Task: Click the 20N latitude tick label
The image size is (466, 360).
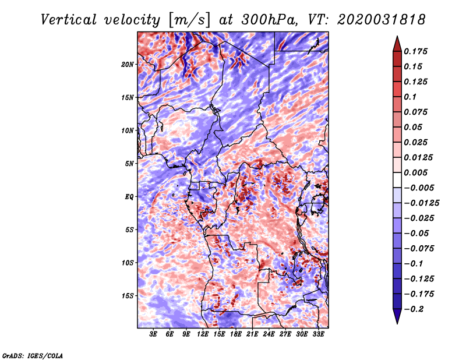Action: pyautogui.click(x=128, y=65)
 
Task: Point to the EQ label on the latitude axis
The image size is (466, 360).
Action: pyautogui.click(x=129, y=197)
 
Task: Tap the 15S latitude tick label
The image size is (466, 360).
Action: pyautogui.click(x=128, y=296)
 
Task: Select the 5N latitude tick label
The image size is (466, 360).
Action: pyautogui.click(x=129, y=164)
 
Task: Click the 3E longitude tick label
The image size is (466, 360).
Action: pyautogui.click(x=153, y=334)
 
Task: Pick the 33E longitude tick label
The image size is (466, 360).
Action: pyautogui.click(x=318, y=334)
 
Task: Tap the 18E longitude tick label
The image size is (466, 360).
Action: pyautogui.click(x=236, y=334)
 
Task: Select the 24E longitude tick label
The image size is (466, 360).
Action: pyautogui.click(x=269, y=334)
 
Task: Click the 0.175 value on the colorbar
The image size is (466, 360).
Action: pyautogui.click(x=415, y=51)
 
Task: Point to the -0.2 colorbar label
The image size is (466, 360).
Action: pyautogui.click(x=414, y=309)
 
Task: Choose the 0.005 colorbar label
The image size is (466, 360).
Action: pyautogui.click(x=415, y=172)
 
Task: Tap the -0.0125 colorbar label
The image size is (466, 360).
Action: pyautogui.click(x=422, y=203)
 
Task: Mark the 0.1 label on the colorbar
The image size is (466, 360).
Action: pyautogui.click(x=410, y=97)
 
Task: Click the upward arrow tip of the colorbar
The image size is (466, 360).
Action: pyautogui.click(x=397, y=36)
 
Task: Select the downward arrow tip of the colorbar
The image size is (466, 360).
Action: pyautogui.click(x=397, y=323)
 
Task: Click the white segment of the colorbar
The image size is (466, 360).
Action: pyautogui.click(x=397, y=180)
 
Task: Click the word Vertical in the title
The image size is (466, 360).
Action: pyautogui.click(x=69, y=20)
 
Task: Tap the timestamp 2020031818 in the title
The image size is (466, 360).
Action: pyautogui.click(x=382, y=20)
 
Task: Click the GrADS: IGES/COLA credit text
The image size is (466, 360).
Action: pyautogui.click(x=33, y=355)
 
